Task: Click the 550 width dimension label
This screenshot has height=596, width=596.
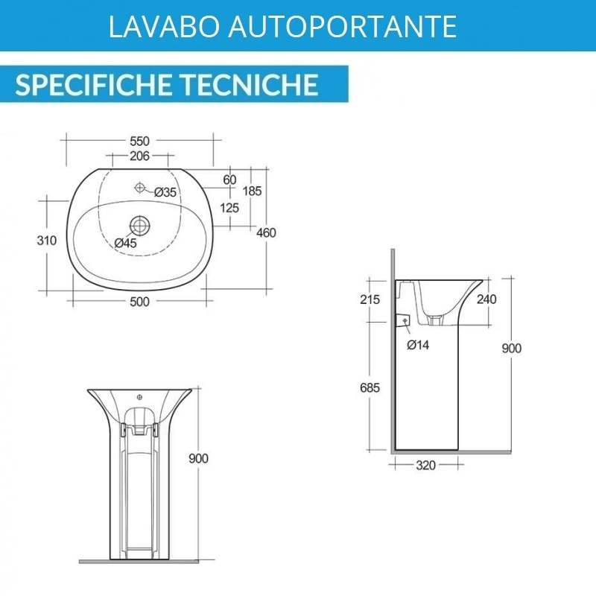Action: point(139,141)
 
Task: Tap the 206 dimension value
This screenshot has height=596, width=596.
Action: point(139,156)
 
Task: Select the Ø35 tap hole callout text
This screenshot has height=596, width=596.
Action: point(165,192)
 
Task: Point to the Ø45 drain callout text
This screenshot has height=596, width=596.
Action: point(125,243)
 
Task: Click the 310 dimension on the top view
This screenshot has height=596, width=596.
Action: point(47,240)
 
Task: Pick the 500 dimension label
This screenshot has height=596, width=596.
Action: point(139,302)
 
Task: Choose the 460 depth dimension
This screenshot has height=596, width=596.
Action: point(266,232)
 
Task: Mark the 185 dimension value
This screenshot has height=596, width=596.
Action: point(253,191)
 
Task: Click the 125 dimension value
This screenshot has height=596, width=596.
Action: point(229,208)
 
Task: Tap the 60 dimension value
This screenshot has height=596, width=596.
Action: point(229,180)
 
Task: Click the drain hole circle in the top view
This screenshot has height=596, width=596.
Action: point(140,226)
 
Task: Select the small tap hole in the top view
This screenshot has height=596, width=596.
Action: point(140,187)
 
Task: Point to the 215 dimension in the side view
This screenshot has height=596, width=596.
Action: point(370,299)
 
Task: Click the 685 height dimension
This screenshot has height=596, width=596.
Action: point(370,387)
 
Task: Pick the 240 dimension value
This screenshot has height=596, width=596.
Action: point(486,299)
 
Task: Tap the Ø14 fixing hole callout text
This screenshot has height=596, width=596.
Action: point(418,345)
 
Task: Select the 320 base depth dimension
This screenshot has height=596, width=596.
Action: point(425,465)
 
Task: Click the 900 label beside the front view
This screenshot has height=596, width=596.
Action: point(198,458)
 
